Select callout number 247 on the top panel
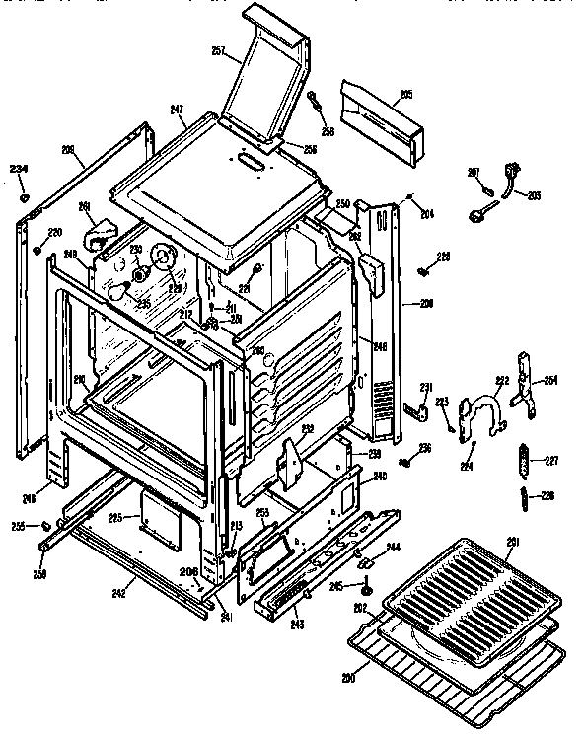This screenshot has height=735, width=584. point(178,110)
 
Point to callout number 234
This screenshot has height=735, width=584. point(18,169)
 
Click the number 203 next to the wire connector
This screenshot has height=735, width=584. point(534,196)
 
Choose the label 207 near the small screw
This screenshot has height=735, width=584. point(473,173)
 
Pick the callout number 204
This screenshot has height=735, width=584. point(426,214)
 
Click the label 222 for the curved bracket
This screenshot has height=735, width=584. point(501,380)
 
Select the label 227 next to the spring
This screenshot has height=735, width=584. point(550,459)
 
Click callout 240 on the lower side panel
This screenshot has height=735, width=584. point(379,477)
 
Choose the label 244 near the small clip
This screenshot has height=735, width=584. point(392,547)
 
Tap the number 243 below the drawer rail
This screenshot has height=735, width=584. point(297,625)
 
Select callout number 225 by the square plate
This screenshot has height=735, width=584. point(115,516)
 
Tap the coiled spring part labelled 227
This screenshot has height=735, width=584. point(523,459)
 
